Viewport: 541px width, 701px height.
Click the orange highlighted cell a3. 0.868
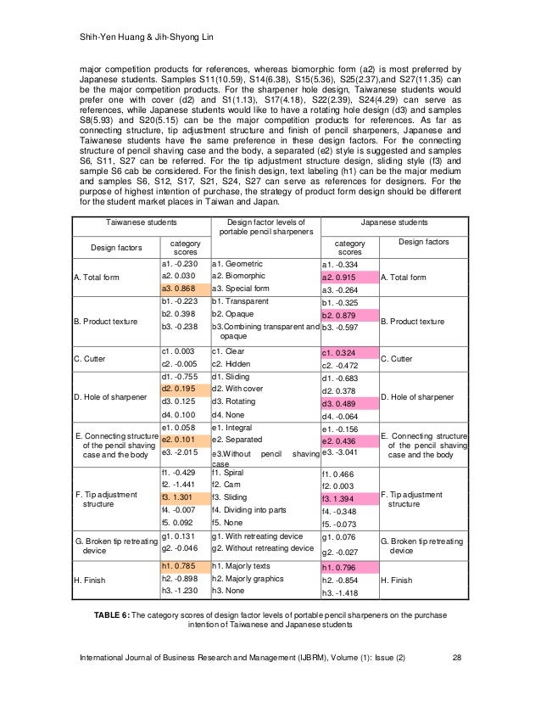(183, 289)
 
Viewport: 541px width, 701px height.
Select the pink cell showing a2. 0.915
(338, 278)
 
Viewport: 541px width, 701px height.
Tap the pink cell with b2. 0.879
(338, 315)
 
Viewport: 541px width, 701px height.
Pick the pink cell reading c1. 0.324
(338, 352)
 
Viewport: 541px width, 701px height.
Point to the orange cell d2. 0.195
(183, 388)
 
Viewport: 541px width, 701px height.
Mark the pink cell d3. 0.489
(338, 403)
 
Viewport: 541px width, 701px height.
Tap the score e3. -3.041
(338, 453)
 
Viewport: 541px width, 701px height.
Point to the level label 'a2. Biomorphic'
(242, 276)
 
